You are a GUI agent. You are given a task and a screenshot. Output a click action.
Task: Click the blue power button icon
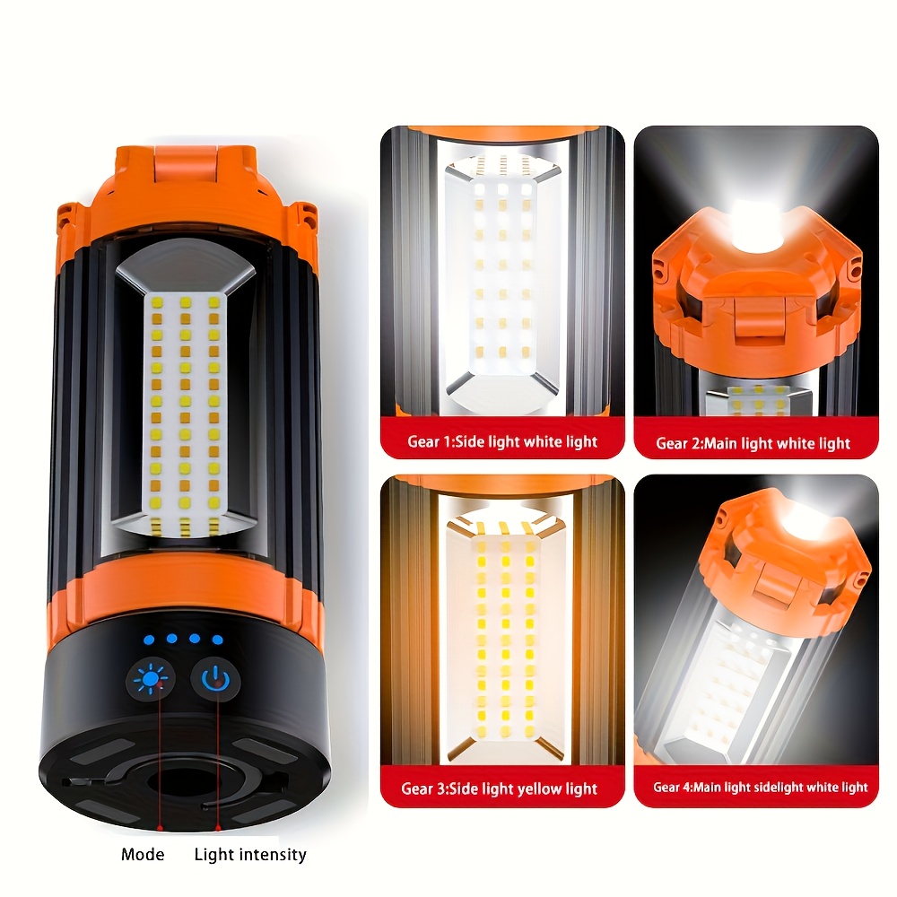[x=215, y=679]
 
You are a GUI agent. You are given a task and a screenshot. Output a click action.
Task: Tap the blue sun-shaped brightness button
[x=151, y=678]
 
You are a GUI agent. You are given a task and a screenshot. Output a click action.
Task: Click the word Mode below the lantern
[x=143, y=855]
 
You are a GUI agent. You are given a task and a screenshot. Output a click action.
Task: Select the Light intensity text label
[x=250, y=855]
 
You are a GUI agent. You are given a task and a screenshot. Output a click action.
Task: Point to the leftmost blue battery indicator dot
[x=149, y=640]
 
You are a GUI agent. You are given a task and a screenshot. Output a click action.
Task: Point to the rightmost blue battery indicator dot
[x=217, y=640]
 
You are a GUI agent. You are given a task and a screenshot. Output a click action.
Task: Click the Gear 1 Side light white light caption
[x=502, y=441]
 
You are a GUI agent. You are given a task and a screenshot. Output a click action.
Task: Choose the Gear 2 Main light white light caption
[x=753, y=443]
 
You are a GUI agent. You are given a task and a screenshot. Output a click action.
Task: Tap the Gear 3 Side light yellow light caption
[x=499, y=788]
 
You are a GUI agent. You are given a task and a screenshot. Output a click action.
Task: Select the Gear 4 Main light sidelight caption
[x=761, y=788]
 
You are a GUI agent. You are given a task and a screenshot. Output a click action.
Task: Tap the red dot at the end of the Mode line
[x=161, y=828]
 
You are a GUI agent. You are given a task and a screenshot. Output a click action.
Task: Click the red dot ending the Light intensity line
[x=217, y=828]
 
